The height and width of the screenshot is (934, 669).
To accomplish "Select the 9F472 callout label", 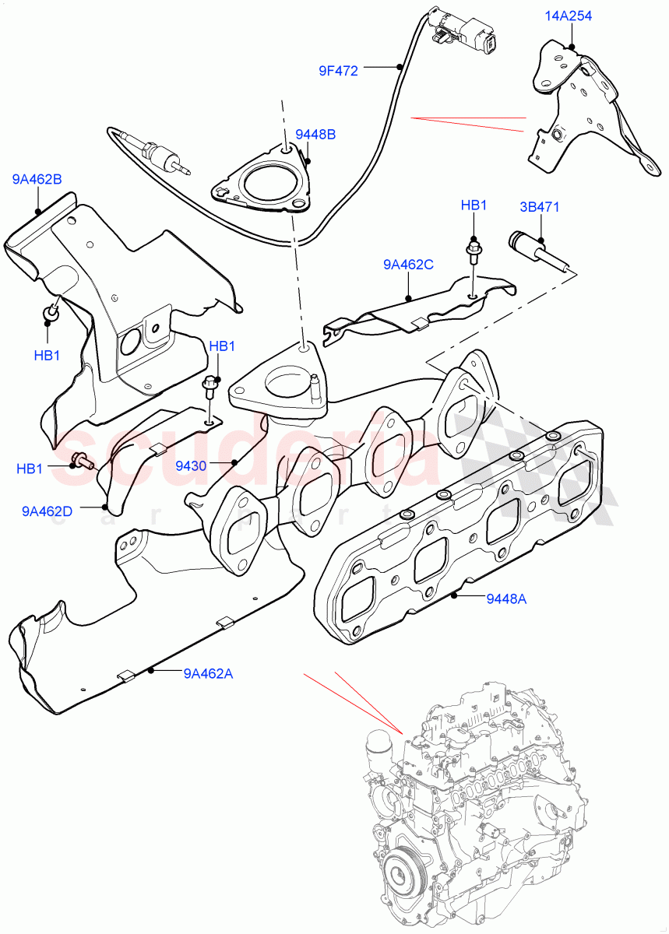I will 338,71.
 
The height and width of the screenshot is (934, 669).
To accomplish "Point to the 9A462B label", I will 37,180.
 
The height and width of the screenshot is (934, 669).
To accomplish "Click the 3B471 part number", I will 540,207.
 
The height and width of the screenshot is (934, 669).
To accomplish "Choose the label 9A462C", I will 408,265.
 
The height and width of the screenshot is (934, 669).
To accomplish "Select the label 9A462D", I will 47,511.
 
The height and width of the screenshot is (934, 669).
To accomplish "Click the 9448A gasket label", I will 506,599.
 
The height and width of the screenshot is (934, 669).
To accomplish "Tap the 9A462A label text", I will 209,674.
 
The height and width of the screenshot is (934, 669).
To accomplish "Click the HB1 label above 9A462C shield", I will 474,205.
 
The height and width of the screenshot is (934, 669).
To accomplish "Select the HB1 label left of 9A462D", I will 30,469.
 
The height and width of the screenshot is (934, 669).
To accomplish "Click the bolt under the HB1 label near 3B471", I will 473,251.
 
